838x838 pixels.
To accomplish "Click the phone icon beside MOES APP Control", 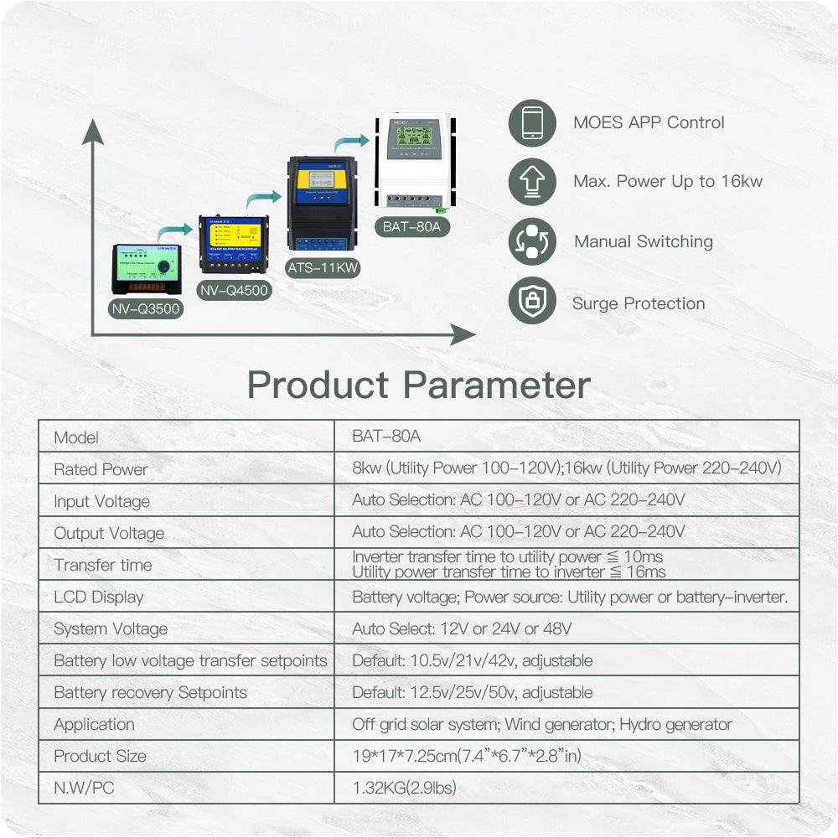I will click(532, 123).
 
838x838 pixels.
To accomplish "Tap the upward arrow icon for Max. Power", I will click(532, 182).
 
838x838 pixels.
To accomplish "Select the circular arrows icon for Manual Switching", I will click(532, 242).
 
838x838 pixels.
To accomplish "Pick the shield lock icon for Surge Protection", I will click(532, 302).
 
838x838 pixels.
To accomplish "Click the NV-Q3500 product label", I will click(146, 308).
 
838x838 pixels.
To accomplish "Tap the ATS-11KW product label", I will click(323, 268).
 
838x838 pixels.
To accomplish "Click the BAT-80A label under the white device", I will click(410, 227).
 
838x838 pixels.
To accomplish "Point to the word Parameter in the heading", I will click(497, 385).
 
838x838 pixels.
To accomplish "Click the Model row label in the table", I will click(76, 437).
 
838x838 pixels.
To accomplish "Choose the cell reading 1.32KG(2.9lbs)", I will click(405, 788).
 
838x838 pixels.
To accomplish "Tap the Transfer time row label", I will click(103, 565).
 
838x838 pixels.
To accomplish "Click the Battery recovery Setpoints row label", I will click(151, 692).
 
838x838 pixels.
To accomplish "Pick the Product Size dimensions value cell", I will click(467, 756).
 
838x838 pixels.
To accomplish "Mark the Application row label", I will click(94, 724).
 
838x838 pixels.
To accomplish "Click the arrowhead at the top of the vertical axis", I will click(93, 131).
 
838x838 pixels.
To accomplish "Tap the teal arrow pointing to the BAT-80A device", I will click(352, 144).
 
